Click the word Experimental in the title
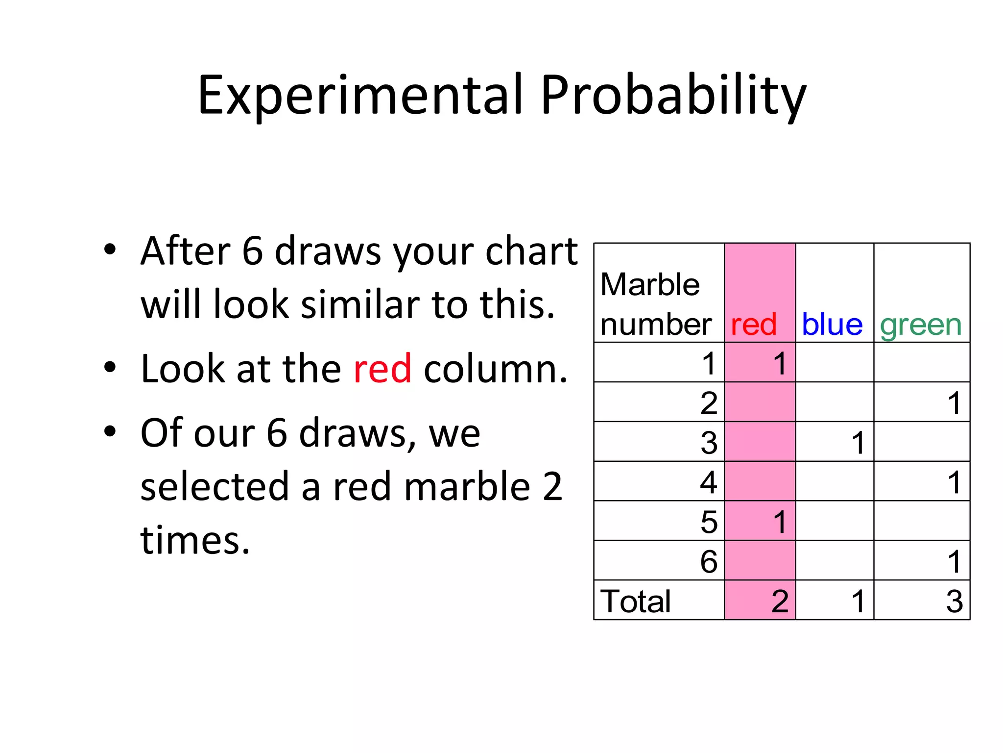point(359,96)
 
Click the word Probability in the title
point(673,96)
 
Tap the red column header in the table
point(753,325)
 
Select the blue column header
point(832,325)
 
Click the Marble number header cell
point(655,304)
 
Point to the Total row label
point(635,601)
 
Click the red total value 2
point(780,601)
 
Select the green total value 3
point(954,601)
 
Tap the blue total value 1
point(858,601)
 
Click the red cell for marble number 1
point(780,364)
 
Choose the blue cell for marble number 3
point(858,443)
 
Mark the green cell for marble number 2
point(954,403)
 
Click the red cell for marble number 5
point(780,522)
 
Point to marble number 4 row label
point(708,482)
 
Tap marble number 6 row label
point(708,561)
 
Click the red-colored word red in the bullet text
point(382,369)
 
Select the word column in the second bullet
point(495,369)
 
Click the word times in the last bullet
point(195,540)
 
